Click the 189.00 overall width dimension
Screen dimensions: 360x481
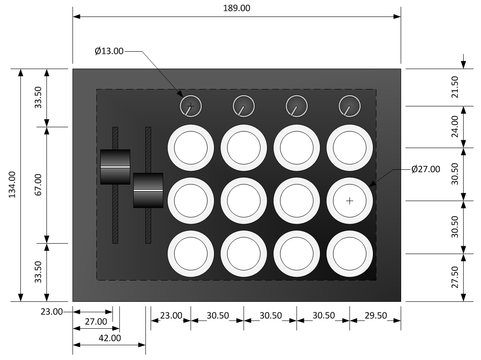point(236,8)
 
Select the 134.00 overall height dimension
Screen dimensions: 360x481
point(12,185)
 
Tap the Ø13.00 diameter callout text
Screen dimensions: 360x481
point(109,51)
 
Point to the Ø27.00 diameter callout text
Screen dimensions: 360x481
point(425,169)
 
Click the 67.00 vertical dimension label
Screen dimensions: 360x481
point(38,185)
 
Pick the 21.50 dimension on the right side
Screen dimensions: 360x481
point(455,87)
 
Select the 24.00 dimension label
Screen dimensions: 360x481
point(455,127)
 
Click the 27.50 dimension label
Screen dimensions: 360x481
point(455,278)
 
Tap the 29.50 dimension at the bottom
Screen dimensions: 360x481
point(375,316)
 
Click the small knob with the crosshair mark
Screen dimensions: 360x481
point(191,106)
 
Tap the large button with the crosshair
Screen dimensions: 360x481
point(350,201)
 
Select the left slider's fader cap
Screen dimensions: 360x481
point(115,167)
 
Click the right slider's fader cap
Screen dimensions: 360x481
point(148,190)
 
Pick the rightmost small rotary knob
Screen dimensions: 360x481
point(349,106)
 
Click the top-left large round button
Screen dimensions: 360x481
point(191,148)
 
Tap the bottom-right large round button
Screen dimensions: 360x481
point(350,254)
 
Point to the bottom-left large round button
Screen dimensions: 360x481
point(191,254)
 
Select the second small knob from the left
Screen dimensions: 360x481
point(244,106)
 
